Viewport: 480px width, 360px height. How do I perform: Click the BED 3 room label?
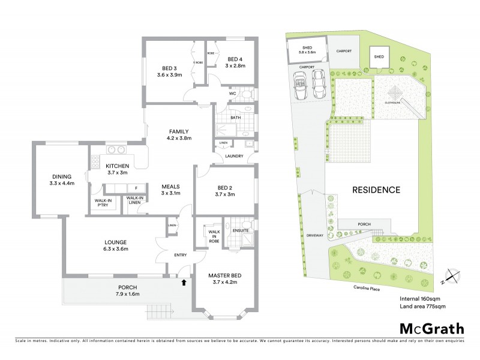169,68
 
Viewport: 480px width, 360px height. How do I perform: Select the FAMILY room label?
179,131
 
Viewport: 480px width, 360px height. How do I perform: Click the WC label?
232,94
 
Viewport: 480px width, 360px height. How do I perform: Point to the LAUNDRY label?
234,156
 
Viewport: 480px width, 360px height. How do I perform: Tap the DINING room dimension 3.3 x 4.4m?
62,183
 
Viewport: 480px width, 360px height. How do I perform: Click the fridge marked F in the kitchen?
136,188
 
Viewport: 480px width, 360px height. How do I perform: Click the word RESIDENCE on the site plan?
376,190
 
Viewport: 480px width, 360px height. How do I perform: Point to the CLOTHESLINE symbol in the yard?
395,94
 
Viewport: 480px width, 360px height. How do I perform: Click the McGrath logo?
431,328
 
